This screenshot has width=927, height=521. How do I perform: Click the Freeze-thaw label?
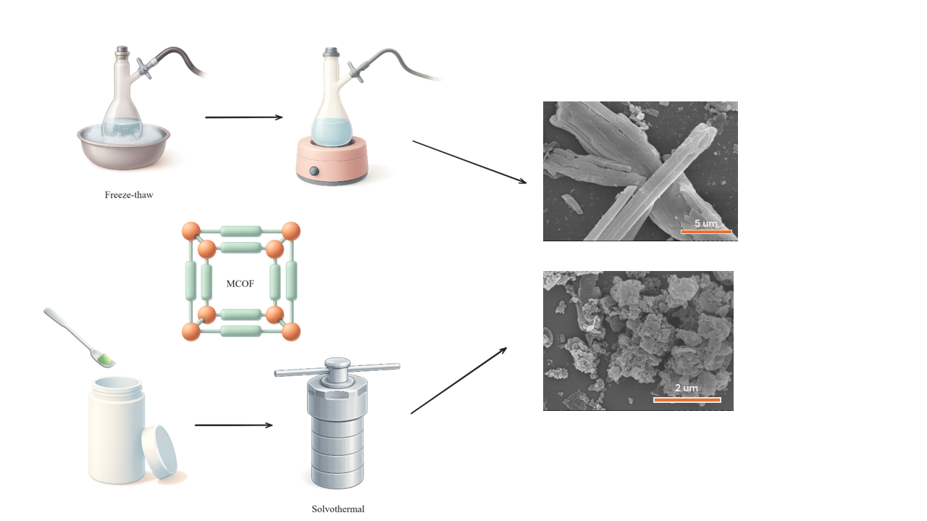point(129,195)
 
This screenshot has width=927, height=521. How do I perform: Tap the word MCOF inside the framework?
point(240,283)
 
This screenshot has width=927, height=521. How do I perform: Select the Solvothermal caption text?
point(338,509)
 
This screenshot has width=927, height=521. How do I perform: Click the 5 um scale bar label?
point(705,223)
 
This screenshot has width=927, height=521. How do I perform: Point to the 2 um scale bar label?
point(686,388)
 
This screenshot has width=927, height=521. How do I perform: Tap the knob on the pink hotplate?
point(314,172)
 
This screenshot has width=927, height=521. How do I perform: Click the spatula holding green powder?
point(80,338)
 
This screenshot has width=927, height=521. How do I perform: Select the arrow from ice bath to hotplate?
point(244,117)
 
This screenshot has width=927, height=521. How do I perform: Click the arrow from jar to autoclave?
point(234,425)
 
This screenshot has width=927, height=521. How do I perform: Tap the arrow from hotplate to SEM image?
point(469,162)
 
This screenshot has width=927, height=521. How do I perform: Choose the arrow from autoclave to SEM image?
point(458,380)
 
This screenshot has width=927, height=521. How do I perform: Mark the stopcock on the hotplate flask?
point(356,71)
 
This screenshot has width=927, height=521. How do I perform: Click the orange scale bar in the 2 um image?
point(687,399)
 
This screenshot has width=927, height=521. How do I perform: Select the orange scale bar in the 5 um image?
point(706,232)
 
